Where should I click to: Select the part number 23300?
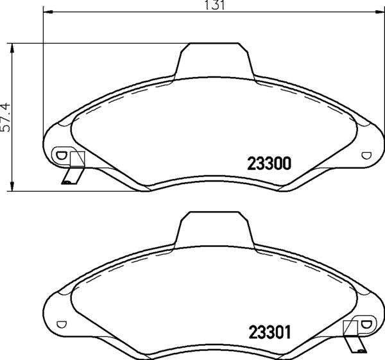coord(270,163)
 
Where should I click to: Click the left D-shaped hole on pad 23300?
coord(62,155)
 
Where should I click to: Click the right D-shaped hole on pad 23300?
coord(366,155)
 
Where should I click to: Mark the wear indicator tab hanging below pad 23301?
coord(355,346)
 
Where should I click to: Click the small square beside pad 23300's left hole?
coord(77,159)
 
